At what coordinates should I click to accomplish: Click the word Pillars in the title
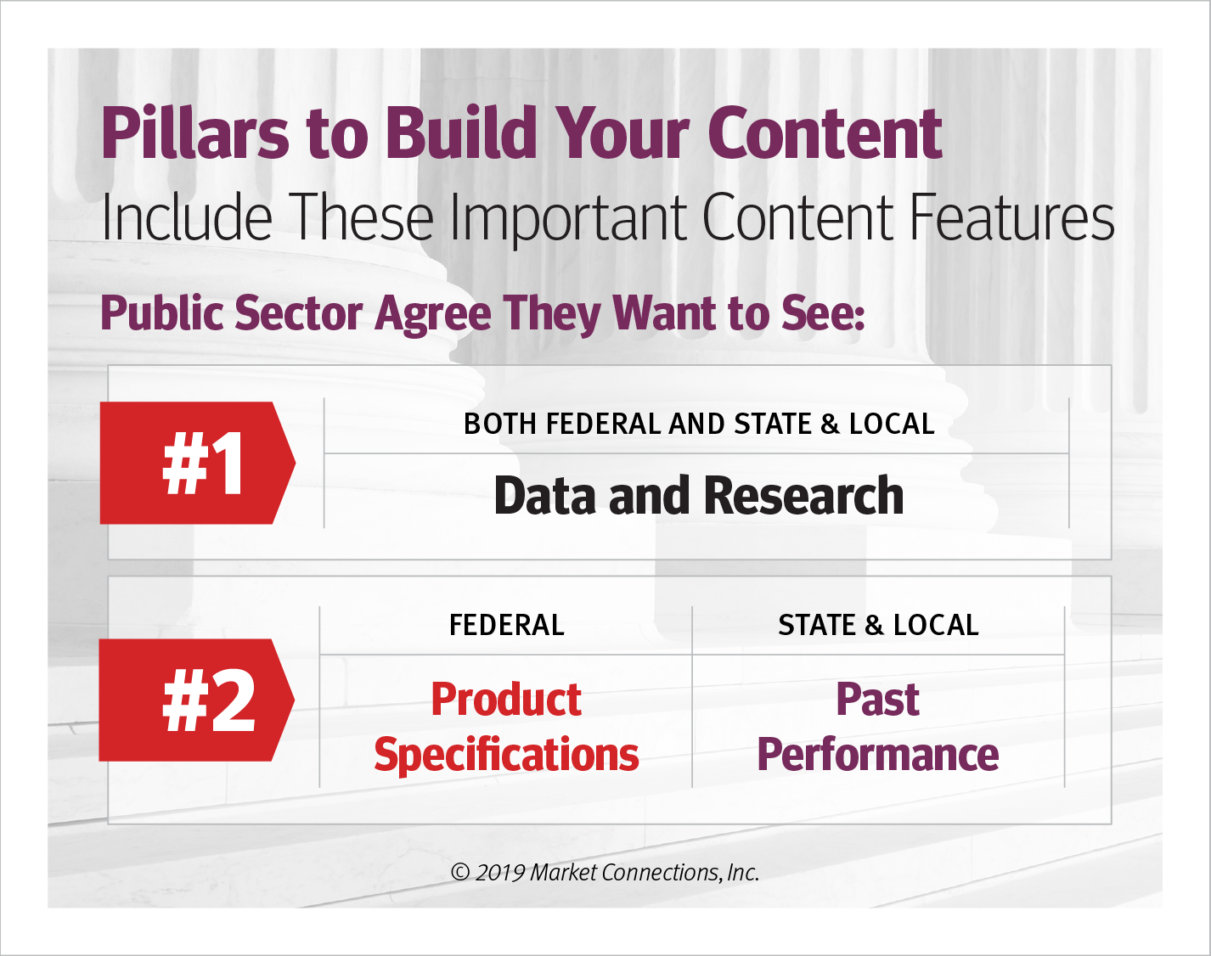[194, 133]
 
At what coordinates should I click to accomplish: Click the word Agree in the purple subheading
[433, 315]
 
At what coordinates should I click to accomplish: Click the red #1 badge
[197, 463]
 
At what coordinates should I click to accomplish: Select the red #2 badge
[197, 700]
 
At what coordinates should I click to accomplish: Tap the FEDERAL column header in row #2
[506, 625]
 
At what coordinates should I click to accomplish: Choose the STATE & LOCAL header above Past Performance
[878, 625]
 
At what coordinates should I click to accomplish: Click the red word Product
[506, 699]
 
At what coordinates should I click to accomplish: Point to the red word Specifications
[506, 755]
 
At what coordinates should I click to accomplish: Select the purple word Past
[878, 699]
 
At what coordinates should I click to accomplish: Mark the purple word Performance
[878, 754]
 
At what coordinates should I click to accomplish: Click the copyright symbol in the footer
[459, 873]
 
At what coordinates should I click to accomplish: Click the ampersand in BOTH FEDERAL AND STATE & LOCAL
[830, 425]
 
